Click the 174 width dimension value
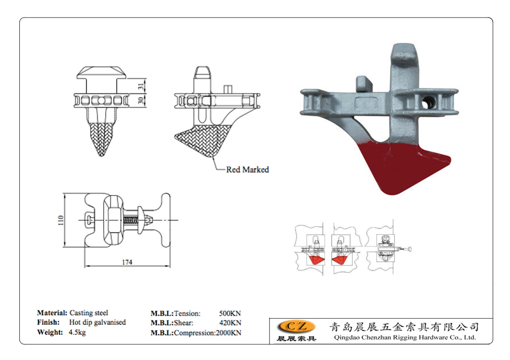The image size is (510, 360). click(x=127, y=262)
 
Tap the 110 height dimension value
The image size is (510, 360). click(x=61, y=220)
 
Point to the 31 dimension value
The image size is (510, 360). click(x=141, y=86)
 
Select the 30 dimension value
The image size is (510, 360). click(x=141, y=100)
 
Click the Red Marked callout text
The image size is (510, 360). click(x=247, y=170)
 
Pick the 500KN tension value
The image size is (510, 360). click(x=230, y=313)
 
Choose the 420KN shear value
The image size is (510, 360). click(x=230, y=323)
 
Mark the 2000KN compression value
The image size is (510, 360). click(x=228, y=333)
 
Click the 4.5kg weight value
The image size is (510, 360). click(x=77, y=332)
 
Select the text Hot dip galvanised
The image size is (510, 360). click(x=97, y=322)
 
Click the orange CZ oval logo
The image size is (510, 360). click(x=296, y=326)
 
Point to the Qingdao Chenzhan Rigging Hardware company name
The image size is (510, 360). click(x=405, y=338)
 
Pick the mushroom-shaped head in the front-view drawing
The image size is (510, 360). click(x=102, y=73)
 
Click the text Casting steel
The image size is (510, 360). click(x=89, y=312)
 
